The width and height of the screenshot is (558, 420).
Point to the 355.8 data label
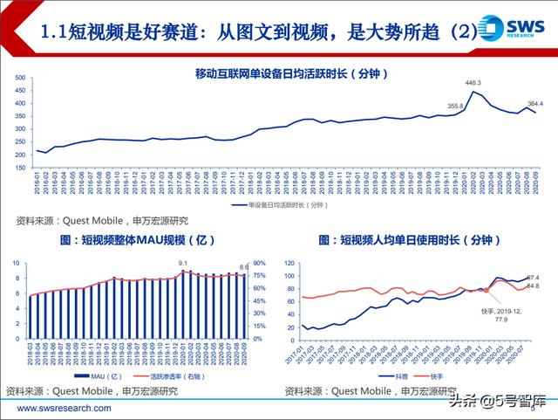pos(456,106)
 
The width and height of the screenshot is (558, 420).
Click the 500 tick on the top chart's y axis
pos(22,78)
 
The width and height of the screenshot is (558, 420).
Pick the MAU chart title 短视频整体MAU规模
pos(136,238)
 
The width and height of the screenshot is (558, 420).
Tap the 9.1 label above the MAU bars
pos(183,263)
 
